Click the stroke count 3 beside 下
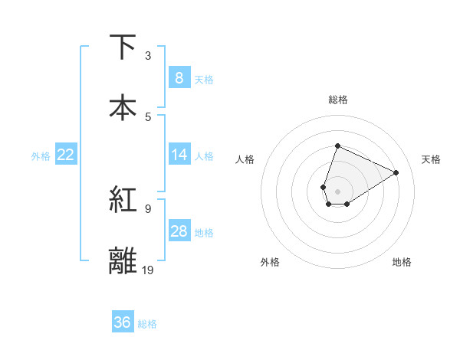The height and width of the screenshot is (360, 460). pos(148,56)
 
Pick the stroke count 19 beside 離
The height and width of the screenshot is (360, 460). pos(148,270)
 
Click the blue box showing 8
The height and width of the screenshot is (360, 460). pos(179,78)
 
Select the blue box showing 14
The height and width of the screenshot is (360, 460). pos(179,155)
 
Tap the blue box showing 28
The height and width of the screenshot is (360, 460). pos(179,231)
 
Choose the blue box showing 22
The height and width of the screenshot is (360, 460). pos(66,155)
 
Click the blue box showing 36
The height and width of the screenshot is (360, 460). pos(123,322)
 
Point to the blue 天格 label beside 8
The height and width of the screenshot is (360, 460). pos(204,79)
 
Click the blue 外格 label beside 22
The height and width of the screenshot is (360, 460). pos(41,155)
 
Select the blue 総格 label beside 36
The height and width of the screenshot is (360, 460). pos(147,323)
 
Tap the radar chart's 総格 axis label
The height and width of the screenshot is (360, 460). pos(338,100)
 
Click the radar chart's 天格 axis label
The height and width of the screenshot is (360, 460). pos(431,159)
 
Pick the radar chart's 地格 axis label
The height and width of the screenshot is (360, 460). pos(402,262)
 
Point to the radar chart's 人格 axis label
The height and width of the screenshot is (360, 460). pos(245,159)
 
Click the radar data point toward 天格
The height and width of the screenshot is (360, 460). pos(396,172)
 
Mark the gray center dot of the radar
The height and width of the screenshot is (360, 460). pos(338,191)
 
